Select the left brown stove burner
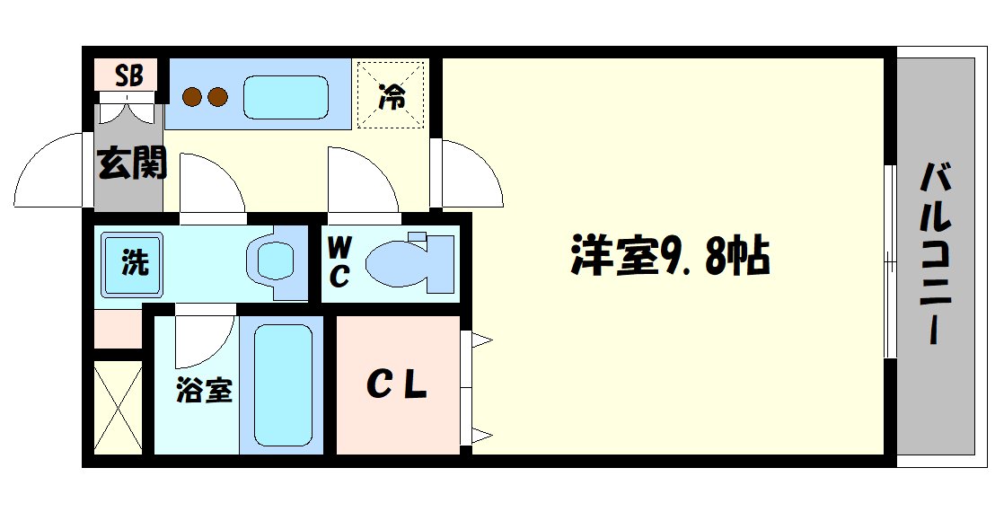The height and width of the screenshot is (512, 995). coord(191,95)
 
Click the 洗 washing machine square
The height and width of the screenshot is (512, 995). coord(133,264)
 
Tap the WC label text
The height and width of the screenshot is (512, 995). coord(339,261)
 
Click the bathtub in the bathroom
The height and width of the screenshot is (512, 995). coord(283,384)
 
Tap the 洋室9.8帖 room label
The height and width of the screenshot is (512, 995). coord(669,257)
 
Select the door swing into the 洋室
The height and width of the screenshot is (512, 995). coord(469,175)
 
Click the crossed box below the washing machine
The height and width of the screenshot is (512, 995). coord(118,407)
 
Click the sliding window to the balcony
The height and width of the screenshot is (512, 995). coord(889,261)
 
